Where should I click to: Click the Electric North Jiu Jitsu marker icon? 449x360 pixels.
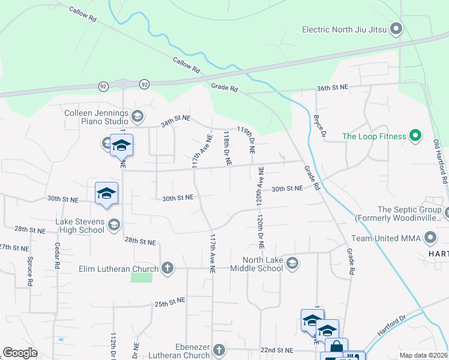coord(396,29)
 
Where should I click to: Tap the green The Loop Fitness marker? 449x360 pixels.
coord(414,136)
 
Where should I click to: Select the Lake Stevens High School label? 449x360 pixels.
coord(80,226)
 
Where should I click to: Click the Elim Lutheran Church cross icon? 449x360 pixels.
coord(167,268)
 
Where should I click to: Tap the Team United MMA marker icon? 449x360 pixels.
coord(430,238)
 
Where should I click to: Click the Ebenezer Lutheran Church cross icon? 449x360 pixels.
coord(220,349)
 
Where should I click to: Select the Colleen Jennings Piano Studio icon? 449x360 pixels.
coord(137,115)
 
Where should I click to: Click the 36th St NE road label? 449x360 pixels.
coord(333,88)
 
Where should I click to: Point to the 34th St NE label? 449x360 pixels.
coord(175,124)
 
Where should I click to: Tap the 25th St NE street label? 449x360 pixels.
coord(169,304)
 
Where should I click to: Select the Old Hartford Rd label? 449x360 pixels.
coord(440,162)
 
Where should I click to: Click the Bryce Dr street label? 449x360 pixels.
coord(319,126)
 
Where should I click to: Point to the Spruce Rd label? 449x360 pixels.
coord(29,271)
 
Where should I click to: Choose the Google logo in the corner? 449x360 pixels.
coord(20,353)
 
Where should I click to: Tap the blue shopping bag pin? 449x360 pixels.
coord(337,347)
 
